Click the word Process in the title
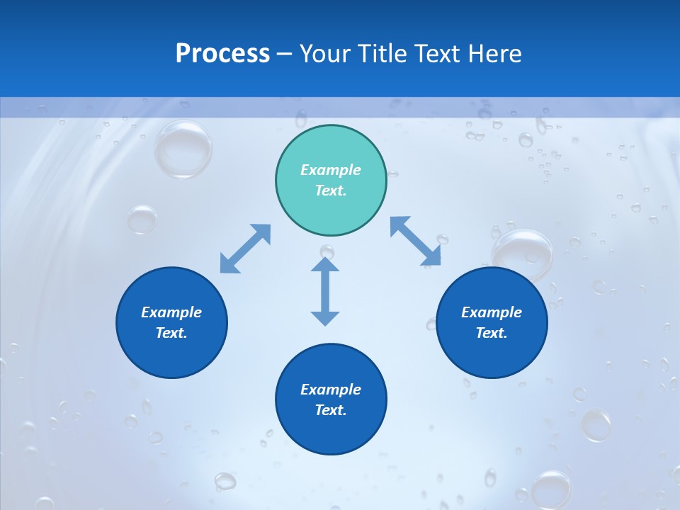coord(222,53)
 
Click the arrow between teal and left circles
coord(245,249)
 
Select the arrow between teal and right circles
coord(415,242)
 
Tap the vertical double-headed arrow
coord(325,291)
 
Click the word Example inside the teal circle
coord(331,170)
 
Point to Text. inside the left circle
coord(171,333)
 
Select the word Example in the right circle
coord(492,312)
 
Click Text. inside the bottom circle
coord(331,410)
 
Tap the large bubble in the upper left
coord(183,149)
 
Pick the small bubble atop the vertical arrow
coord(327,251)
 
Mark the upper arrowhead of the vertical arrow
coord(325,266)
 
